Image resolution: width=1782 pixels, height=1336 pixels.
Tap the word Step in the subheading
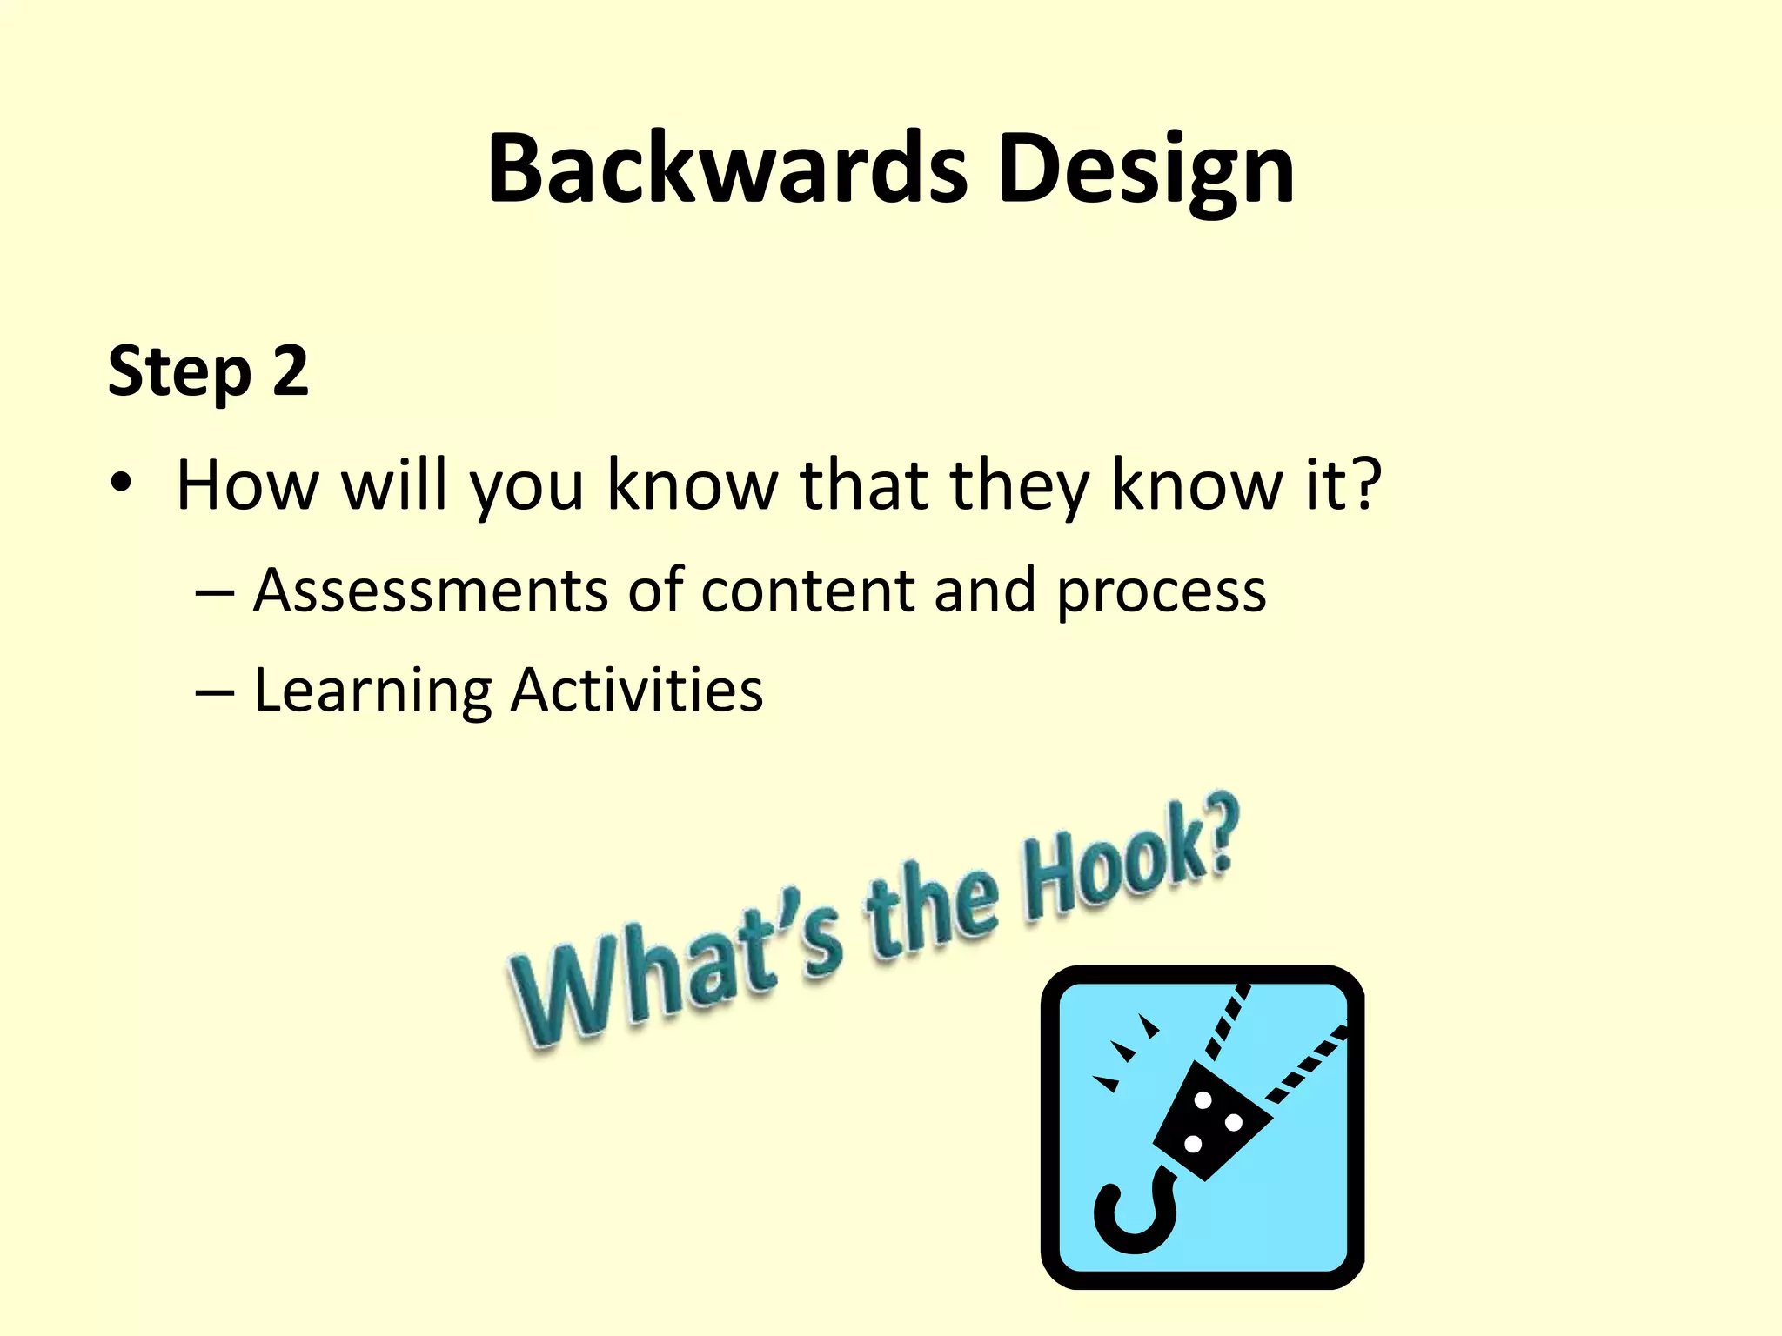tap(179, 371)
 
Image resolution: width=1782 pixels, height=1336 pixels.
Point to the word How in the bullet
tap(247, 484)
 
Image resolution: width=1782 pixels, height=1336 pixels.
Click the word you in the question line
tap(526, 487)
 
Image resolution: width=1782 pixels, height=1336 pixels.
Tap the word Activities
tap(637, 690)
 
